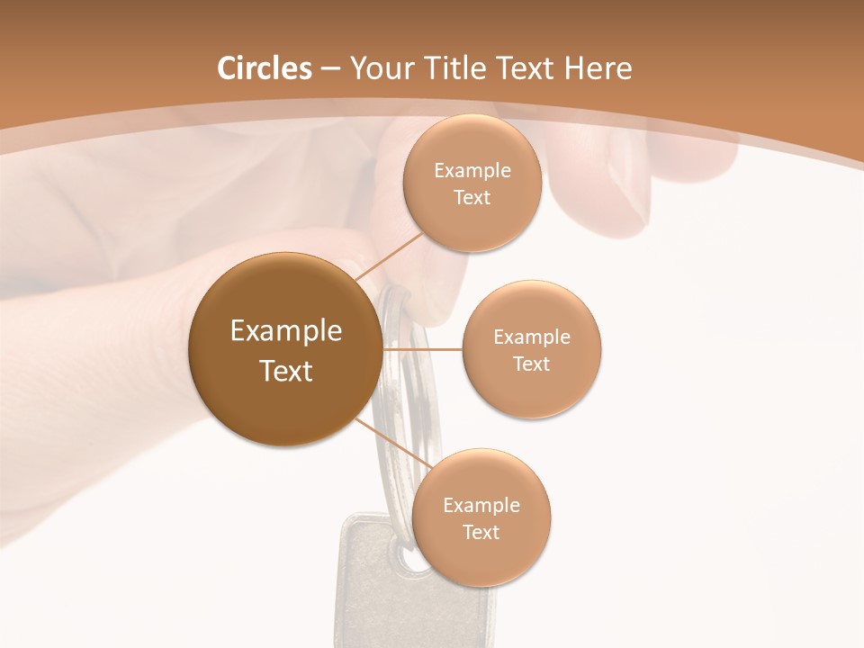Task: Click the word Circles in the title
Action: (x=265, y=68)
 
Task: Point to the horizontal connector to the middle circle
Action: (x=422, y=349)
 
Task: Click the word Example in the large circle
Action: (x=286, y=331)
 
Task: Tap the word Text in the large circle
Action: (x=286, y=371)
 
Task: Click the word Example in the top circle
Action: (x=472, y=171)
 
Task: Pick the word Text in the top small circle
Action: (x=472, y=198)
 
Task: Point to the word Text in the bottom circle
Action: (x=481, y=533)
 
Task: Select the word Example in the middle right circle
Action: (x=532, y=337)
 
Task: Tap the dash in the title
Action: (x=330, y=68)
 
